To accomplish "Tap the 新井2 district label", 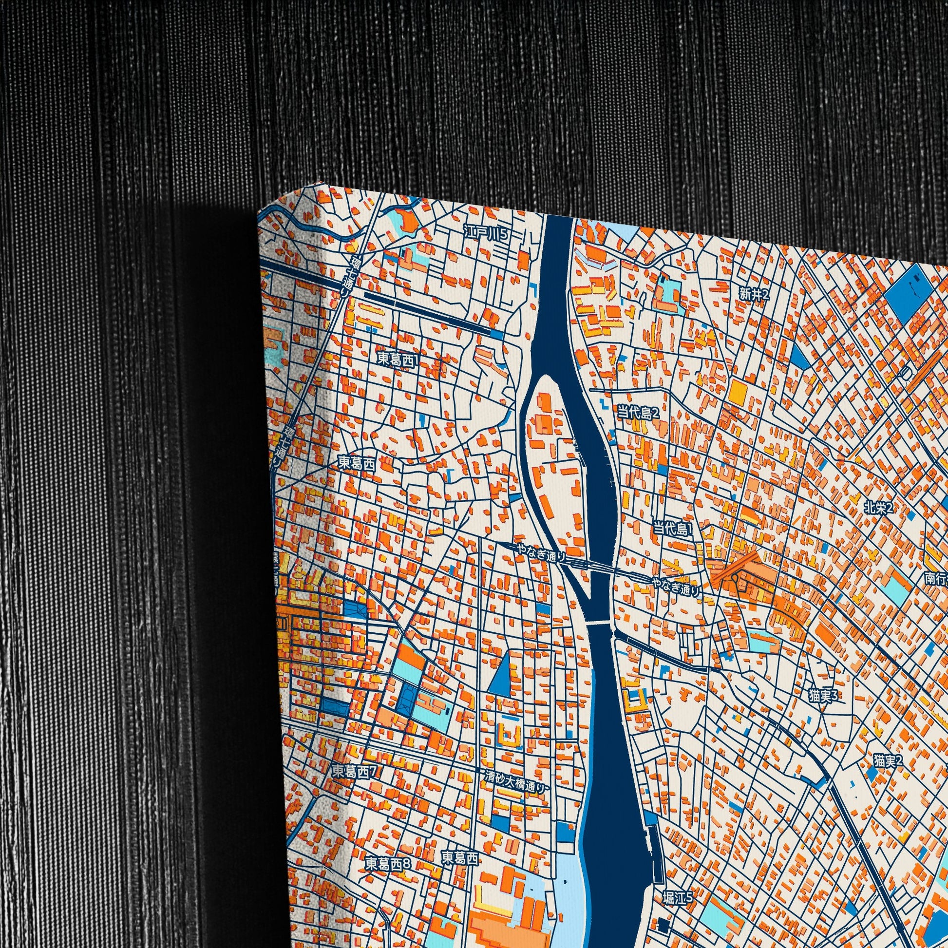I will pos(755,294).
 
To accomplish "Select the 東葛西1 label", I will pos(398,359).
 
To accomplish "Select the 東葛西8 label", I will pos(388,864).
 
